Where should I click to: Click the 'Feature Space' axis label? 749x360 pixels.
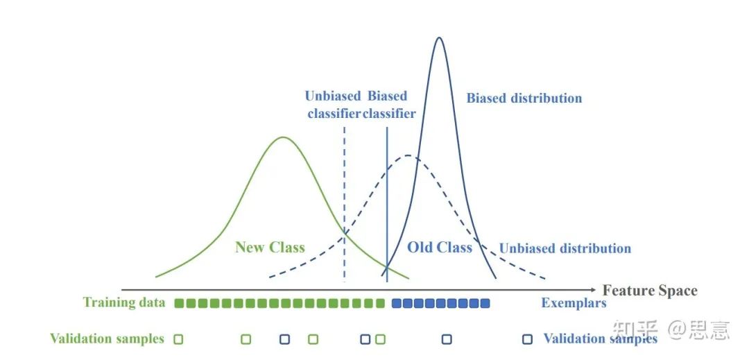point(650,291)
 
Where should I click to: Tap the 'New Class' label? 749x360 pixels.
point(270,248)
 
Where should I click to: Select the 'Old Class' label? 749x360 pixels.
point(440,247)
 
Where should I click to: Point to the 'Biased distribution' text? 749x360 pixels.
point(524,98)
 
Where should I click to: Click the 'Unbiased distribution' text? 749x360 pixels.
point(565,248)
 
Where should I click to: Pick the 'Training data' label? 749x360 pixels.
point(124,302)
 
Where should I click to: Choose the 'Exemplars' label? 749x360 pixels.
point(574,302)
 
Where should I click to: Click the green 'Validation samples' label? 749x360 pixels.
point(107,339)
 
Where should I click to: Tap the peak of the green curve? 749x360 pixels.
point(283,137)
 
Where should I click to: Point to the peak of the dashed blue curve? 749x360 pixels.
point(408,155)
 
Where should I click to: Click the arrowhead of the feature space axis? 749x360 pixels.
point(594,290)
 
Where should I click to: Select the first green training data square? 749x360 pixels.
point(179,303)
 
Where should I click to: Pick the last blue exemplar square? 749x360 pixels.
point(485,303)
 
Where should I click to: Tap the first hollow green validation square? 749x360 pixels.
point(179,339)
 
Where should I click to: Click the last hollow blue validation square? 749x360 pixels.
point(527,339)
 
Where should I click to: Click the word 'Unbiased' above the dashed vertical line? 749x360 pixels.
point(332,96)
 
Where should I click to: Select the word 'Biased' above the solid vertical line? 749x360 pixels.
point(388,96)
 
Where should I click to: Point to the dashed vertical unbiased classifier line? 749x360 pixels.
point(345,204)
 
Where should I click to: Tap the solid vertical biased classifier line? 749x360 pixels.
point(387,204)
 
